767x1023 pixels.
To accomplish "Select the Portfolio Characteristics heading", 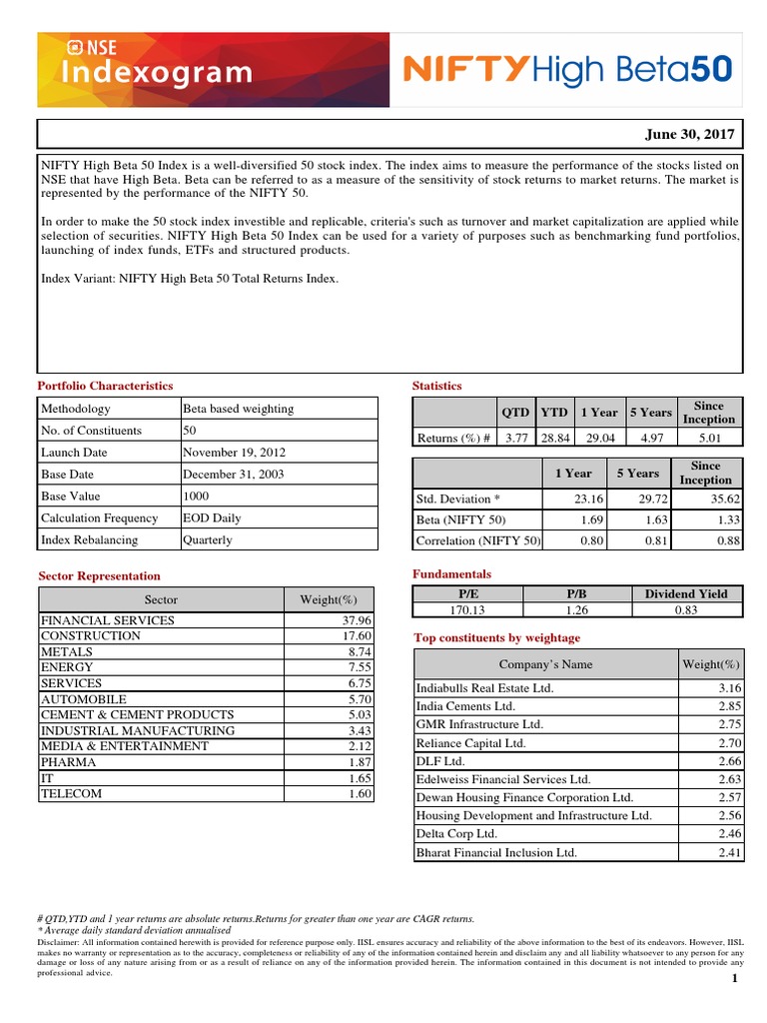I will coord(105,386).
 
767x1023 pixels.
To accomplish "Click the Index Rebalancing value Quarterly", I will coord(208,540).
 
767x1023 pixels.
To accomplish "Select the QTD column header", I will coord(515,413).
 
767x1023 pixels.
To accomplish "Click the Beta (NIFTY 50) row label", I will coord(461,520).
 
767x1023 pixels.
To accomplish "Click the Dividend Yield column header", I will coord(686,593).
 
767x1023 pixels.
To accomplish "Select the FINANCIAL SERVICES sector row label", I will coord(108,620).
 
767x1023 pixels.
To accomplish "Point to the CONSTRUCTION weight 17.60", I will coord(356,636).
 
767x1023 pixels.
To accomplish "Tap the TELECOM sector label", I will coord(71,794).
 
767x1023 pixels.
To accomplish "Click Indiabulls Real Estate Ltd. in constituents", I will coord(484,688).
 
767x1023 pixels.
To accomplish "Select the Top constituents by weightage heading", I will coord(496,638).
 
